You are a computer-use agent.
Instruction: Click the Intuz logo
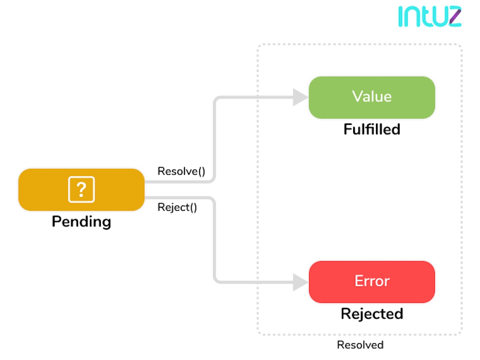tap(430, 17)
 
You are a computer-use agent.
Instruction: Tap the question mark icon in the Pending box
tap(81, 189)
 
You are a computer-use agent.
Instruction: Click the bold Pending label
tap(81, 221)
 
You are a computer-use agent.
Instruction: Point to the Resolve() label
tap(181, 171)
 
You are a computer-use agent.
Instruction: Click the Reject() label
tap(177, 207)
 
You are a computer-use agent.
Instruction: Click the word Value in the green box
tap(372, 97)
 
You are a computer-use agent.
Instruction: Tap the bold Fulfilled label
tap(372, 129)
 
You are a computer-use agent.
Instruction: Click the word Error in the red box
tap(372, 281)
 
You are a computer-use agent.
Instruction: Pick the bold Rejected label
tap(372, 314)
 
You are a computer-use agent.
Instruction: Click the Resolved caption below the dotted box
tap(360, 345)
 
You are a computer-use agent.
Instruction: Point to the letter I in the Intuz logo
tap(401, 17)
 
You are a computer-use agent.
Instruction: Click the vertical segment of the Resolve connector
tap(214, 140)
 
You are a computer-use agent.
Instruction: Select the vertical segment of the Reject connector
tap(214, 240)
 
